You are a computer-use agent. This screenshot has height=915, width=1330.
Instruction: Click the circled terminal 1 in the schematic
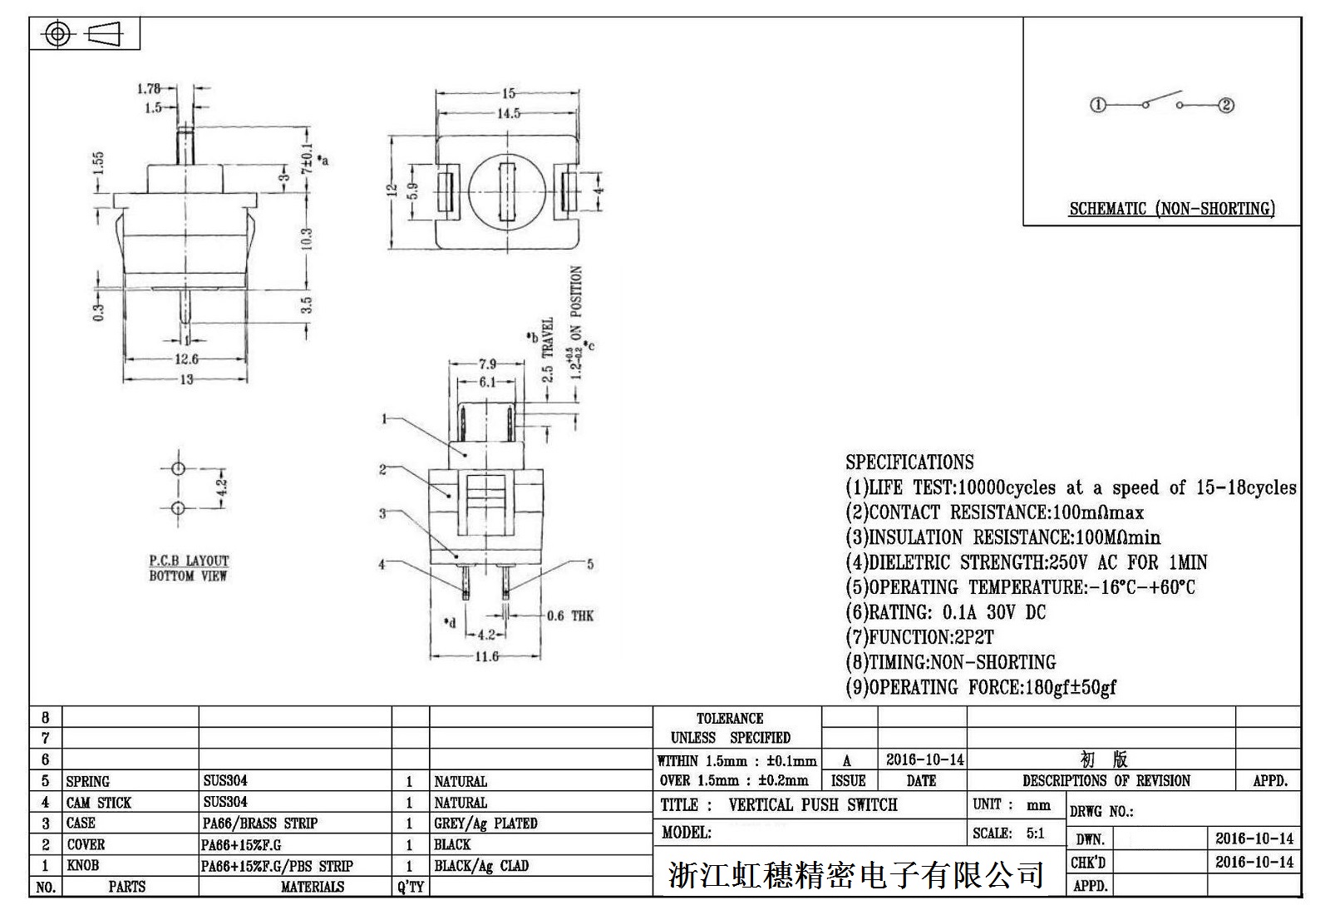pyautogui.click(x=1098, y=105)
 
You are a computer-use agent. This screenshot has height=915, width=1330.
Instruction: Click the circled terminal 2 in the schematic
pyautogui.click(x=1226, y=105)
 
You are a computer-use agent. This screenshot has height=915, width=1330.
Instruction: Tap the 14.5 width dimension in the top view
pyautogui.click(x=509, y=113)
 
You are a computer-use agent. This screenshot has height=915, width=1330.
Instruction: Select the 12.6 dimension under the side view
pyautogui.click(x=186, y=359)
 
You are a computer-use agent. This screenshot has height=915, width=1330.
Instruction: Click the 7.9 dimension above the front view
pyautogui.click(x=487, y=364)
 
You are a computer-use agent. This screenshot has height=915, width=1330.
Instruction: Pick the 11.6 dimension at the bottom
pyautogui.click(x=486, y=656)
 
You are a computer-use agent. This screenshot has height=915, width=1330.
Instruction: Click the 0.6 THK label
pyautogui.click(x=570, y=616)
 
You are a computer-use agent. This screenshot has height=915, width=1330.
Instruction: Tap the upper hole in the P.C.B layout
pyautogui.click(x=178, y=468)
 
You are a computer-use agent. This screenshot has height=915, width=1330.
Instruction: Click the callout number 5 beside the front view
pyautogui.click(x=590, y=564)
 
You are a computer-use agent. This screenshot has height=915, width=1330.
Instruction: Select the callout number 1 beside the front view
pyautogui.click(x=384, y=418)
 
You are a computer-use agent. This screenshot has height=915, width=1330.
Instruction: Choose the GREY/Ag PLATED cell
pyautogui.click(x=485, y=823)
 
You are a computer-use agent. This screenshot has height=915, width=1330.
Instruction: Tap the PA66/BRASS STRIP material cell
pyautogui.click(x=260, y=823)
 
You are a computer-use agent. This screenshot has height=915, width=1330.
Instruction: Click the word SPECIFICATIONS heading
pyautogui.click(x=909, y=462)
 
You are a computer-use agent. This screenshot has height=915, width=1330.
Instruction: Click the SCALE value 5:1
pyautogui.click(x=1035, y=833)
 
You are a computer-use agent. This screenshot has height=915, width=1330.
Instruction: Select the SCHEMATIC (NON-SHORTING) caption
pyautogui.click(x=1171, y=209)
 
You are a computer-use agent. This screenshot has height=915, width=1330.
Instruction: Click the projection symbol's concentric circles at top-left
pyautogui.click(x=57, y=34)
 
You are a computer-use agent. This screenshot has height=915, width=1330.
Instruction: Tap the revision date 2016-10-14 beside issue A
pyautogui.click(x=924, y=759)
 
